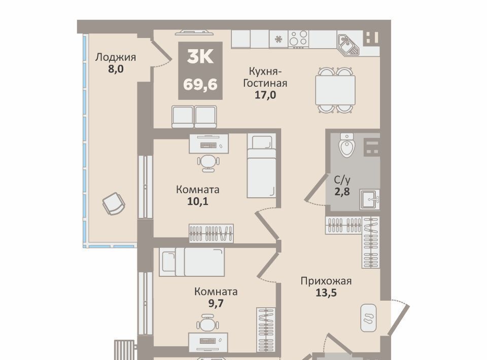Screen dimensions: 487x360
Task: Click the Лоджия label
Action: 115,57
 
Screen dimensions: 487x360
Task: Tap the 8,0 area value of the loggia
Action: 116,69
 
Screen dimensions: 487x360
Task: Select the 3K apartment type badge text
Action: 200,57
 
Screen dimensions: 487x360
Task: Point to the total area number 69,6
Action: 200,84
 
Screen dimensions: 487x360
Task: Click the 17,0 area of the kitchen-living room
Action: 265,95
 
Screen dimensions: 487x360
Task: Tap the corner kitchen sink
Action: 348,45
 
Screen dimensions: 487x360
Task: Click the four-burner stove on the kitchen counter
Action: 298,39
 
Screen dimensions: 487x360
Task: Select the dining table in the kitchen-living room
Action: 335,90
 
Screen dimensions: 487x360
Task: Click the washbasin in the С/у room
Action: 370,200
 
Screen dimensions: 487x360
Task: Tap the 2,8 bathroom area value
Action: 342,192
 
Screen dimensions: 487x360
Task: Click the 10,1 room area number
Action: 197,201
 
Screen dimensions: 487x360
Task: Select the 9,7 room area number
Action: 216,303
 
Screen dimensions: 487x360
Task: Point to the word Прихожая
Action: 326,281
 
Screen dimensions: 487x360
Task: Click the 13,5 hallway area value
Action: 326,293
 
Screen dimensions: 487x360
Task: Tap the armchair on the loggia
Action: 114,203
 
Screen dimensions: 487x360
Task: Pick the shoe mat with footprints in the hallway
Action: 368,318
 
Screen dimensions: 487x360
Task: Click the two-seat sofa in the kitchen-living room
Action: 194,117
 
